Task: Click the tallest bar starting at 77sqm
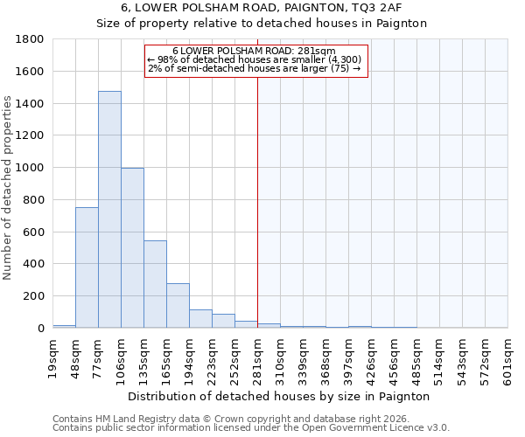click(x=109, y=210)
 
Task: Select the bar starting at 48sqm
click(x=87, y=267)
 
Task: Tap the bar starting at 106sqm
click(x=132, y=248)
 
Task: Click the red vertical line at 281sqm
click(x=257, y=201)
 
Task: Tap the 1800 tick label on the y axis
click(x=30, y=39)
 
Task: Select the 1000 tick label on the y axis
click(x=30, y=168)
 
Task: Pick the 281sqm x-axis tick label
click(x=258, y=357)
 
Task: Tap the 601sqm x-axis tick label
click(x=508, y=357)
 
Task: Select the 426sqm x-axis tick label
click(x=372, y=357)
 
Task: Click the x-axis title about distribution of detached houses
click(x=279, y=396)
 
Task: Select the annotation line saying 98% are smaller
click(x=255, y=59)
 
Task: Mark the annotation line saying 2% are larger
click(x=255, y=68)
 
